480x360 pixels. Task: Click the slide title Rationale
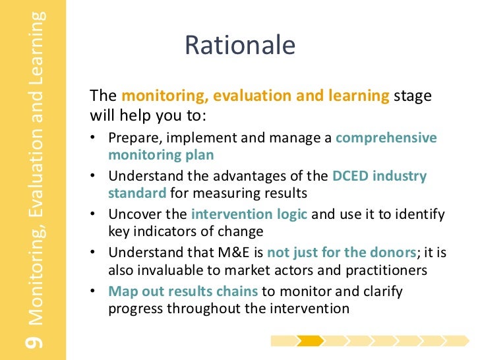pos(240,45)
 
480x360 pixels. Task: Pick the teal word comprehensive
pos(386,138)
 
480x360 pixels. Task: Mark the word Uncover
pos(133,214)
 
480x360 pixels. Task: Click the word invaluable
pos(168,269)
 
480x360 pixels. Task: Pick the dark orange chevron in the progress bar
pos(309,341)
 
